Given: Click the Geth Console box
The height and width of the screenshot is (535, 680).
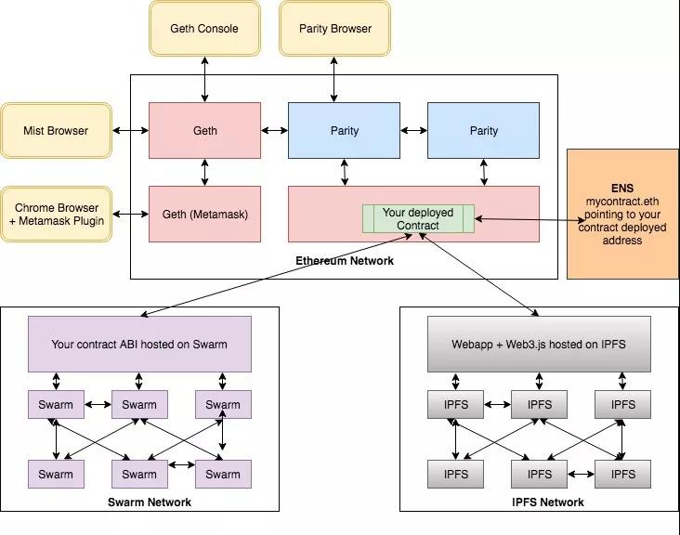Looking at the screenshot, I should point(204,28).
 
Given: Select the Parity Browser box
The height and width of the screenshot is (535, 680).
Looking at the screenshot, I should point(334,28).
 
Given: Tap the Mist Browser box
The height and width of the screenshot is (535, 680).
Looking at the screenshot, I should point(56,131).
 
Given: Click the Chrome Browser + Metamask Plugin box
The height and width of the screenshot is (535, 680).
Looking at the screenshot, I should point(56,214).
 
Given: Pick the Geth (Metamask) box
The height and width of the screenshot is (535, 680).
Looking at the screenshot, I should point(204,214).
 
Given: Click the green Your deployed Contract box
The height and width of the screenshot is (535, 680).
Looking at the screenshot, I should point(418,219).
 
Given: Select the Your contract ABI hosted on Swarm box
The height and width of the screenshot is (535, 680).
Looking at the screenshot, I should point(139,345).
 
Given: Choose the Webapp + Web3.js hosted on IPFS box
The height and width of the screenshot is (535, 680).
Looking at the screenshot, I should point(539,345).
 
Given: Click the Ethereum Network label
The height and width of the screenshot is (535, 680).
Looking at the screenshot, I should point(344,261).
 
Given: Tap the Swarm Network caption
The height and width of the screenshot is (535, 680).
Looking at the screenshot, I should point(149,502).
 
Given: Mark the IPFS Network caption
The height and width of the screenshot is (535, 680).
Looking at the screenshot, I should point(548,502).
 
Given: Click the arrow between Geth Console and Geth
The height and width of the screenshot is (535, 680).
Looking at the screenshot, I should point(204,79).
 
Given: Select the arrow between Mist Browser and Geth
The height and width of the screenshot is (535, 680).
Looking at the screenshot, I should point(130,131).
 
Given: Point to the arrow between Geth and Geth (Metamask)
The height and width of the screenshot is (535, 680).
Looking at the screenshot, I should point(204,173).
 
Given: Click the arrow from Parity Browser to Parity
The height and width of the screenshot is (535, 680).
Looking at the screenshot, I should point(334,79).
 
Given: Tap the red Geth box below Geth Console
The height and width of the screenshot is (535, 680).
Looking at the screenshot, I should point(204,131).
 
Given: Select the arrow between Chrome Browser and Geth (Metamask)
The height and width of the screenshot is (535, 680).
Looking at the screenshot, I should point(130,215).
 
